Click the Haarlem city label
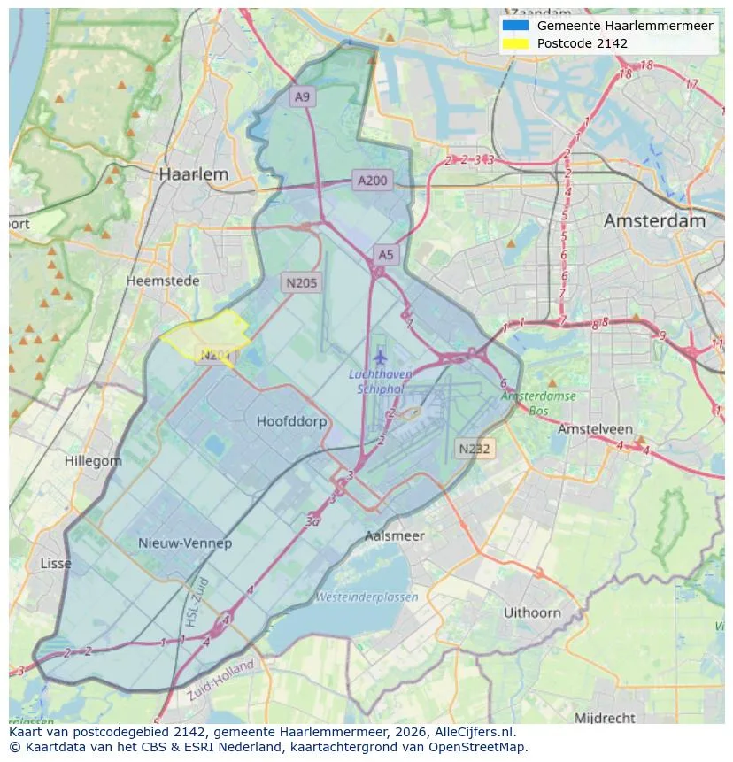click(x=193, y=174)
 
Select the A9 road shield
click(x=303, y=96)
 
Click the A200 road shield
click(x=372, y=181)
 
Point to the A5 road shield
click(x=386, y=255)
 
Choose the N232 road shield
click(x=475, y=449)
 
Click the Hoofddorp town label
click(x=291, y=421)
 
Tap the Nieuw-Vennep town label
click(x=185, y=543)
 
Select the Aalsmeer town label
click(x=395, y=535)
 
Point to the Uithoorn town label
click(x=532, y=612)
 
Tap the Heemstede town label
click(x=163, y=281)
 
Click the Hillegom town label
click(x=93, y=461)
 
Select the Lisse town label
click(x=57, y=564)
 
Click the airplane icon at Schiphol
click(x=381, y=357)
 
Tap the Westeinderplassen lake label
click(x=366, y=597)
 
